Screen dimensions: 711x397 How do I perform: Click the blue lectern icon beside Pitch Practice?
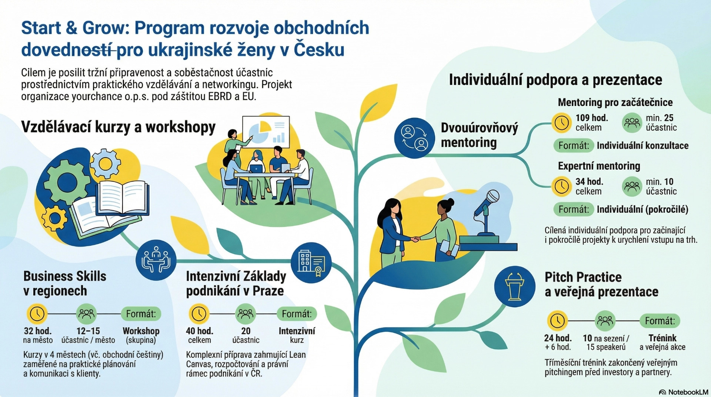click(x=515, y=286)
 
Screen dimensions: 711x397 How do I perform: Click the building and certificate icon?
click(x=311, y=263)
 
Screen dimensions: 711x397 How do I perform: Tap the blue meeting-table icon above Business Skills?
click(x=156, y=259)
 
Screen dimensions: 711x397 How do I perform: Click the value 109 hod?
click(x=592, y=118)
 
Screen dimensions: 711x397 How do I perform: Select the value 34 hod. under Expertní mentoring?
click(x=589, y=182)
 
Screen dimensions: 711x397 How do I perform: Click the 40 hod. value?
click(x=200, y=331)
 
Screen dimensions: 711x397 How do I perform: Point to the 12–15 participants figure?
click(x=88, y=331)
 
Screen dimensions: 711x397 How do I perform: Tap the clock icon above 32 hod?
click(x=37, y=314)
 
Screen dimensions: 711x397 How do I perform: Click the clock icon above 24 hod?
click(x=557, y=321)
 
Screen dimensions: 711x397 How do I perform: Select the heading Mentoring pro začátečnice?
click(x=615, y=102)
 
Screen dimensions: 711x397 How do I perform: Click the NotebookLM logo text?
click(x=688, y=392)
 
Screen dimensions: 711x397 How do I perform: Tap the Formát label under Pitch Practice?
click(x=660, y=321)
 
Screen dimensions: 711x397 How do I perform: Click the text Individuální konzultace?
click(x=642, y=146)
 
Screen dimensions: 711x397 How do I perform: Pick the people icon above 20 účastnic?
click(x=245, y=314)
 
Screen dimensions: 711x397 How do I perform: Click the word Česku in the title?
click(x=319, y=50)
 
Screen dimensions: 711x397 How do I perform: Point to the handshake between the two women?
click(x=415, y=239)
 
